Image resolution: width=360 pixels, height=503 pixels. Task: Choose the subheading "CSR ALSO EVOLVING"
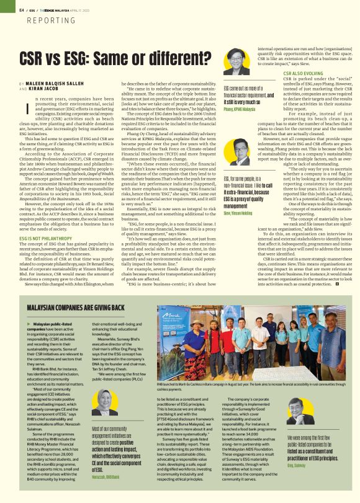pos(302,73)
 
